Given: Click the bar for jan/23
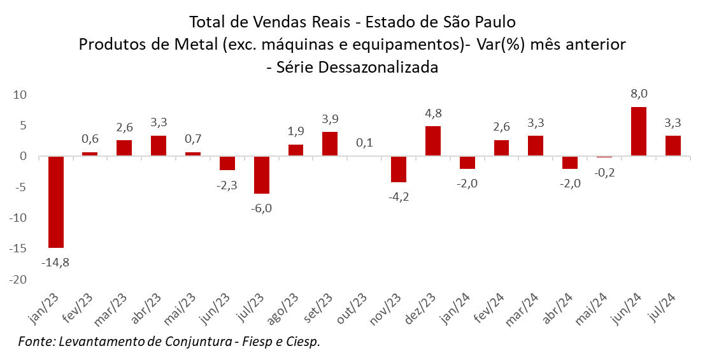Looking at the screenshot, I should click(x=56, y=202).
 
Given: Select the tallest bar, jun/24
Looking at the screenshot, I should click(x=639, y=131).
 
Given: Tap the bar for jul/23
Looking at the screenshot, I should click(x=262, y=175).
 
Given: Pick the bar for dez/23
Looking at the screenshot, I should click(x=434, y=141).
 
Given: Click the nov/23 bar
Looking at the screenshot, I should click(x=399, y=169).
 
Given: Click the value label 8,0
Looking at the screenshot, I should click(x=639, y=94).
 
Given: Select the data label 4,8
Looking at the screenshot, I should click(x=434, y=113).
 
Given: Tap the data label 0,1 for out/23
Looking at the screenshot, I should click(x=365, y=143).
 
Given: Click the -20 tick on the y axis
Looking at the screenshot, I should click(x=20, y=280).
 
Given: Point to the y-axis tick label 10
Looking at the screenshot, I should click(x=22, y=94).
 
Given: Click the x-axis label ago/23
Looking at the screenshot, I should click(x=283, y=309).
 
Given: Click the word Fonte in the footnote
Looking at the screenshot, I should click(x=36, y=342).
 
